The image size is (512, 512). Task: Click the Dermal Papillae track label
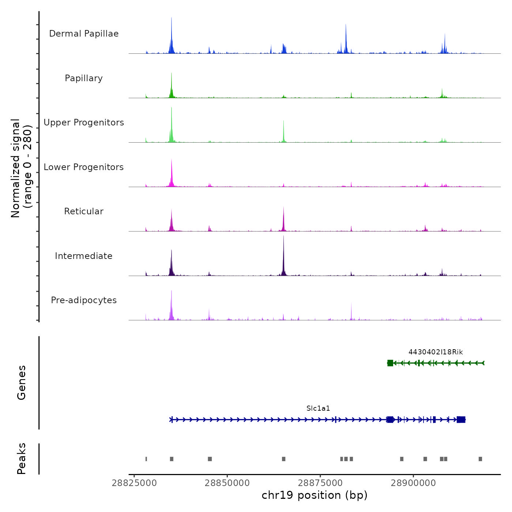[84, 34]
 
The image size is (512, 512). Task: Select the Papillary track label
[84, 78]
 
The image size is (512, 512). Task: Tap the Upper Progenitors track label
[84, 123]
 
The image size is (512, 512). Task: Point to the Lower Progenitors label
[84, 167]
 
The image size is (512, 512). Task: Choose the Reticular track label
[84, 211]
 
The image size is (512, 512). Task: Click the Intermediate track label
[84, 256]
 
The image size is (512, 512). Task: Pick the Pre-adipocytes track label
[84, 300]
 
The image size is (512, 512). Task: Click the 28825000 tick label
[134, 483]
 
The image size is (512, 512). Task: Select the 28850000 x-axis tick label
[227, 483]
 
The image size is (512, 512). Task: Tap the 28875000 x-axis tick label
[320, 483]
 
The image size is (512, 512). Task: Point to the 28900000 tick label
[413, 483]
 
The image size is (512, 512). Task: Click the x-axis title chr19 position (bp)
[315, 496]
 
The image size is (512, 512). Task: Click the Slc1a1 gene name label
[318, 409]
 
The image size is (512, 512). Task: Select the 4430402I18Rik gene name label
[436, 352]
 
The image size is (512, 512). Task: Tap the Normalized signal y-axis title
[21, 168]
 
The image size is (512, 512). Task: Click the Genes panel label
[22, 383]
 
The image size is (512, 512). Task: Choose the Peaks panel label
[22, 459]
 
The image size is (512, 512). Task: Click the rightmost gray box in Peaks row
[480, 459]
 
